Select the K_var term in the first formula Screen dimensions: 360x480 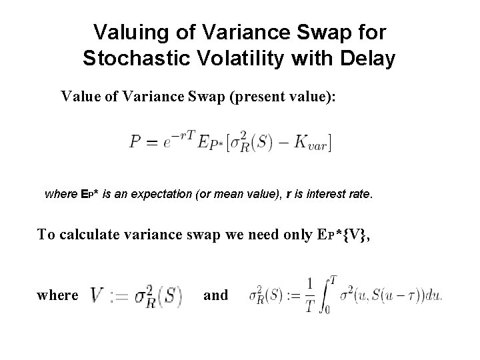coord(312,143)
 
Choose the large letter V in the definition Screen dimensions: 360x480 coord(97,295)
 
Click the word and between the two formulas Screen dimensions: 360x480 coord(215,295)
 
